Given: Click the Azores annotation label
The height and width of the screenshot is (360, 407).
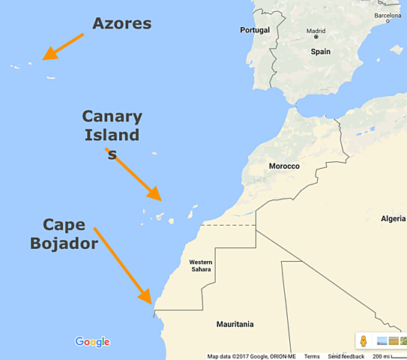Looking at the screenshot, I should point(121,23).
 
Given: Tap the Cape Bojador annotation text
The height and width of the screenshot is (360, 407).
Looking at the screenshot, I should point(64,233).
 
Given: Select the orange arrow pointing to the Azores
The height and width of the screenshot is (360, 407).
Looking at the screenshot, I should point(62,46).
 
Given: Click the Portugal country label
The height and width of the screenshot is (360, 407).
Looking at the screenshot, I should point(254,30).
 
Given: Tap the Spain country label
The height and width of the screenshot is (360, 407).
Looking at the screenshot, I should point(321,52).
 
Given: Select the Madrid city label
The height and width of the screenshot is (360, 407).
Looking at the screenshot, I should point(316,31).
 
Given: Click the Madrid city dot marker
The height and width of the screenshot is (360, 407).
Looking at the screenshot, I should point(316,37).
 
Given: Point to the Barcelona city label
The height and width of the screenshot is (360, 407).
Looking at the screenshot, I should point(388,15).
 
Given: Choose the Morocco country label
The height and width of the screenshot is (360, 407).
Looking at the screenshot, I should point(284,166).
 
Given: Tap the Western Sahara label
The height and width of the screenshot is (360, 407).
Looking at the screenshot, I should point(200,265).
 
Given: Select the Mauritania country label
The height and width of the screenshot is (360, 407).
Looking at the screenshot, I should point(235,324).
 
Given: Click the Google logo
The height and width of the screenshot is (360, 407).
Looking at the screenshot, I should point(92,342).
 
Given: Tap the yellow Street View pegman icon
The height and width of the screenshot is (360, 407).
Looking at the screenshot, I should point(364,341).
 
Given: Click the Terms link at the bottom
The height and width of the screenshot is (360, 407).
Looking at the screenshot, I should point(312,356).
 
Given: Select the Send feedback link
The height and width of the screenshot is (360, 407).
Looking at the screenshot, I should point(346,356).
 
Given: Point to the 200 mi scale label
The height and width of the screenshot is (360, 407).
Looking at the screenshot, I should point(382,356).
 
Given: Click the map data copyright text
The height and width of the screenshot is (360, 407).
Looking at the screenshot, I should point(252,356).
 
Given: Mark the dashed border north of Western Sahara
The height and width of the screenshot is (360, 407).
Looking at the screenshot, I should point(229,224).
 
